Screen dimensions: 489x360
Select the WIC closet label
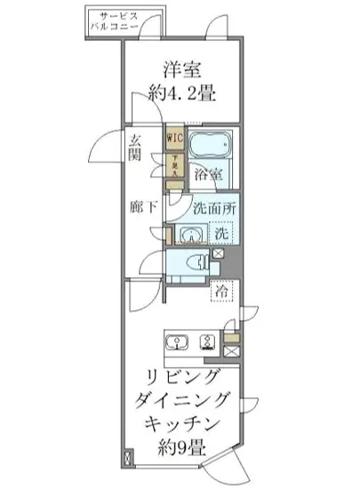pyautogui.click(x=173, y=139)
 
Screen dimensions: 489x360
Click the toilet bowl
pyautogui.click(x=203, y=263)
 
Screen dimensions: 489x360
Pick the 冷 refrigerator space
pyautogui.click(x=221, y=293)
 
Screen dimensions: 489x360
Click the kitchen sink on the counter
pyautogui.click(x=177, y=344)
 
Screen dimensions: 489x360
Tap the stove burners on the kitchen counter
pyautogui.click(x=211, y=344)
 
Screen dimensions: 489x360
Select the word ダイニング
pyautogui.click(x=184, y=399)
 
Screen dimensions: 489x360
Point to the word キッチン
pyautogui.click(x=184, y=422)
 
